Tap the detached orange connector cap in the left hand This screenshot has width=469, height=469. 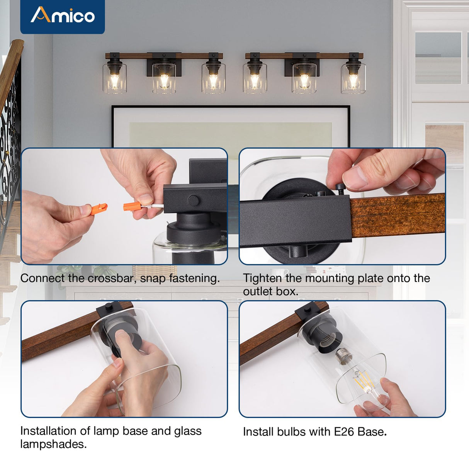coord(97,210)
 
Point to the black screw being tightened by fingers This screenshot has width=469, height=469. coord(340,188)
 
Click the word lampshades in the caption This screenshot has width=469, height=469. coord(53,444)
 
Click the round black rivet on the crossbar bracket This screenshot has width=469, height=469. coord(193,200)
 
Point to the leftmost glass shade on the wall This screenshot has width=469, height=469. coord(115,78)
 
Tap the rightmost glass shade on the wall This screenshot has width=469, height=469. coord(353,79)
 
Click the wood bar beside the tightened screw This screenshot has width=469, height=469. coord(398,214)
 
